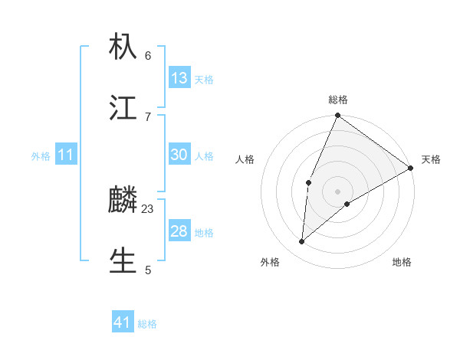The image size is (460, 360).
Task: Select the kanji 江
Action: point(123,108)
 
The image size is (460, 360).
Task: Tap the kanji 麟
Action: point(123,200)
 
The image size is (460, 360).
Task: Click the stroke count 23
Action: point(148,208)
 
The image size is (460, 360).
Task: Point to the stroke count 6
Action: point(148,55)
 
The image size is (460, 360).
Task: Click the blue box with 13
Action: point(179,78)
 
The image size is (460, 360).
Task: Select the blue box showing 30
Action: point(179,155)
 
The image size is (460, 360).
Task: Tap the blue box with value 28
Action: point(179,231)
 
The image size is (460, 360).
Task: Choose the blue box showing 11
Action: point(66,155)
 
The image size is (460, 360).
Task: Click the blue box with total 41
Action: point(123,322)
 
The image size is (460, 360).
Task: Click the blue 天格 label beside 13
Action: point(204,80)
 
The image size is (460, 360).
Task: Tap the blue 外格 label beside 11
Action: point(41,156)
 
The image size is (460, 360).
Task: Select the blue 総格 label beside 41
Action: point(147,324)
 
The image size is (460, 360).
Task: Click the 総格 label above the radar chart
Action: point(337,100)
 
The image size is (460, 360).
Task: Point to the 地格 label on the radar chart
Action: point(402,263)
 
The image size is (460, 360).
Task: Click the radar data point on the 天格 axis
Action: point(411,168)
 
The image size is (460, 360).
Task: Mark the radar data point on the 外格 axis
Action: point(302,242)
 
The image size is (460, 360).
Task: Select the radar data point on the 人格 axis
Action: point(308,182)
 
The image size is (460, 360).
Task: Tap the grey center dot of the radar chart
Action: point(337,191)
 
